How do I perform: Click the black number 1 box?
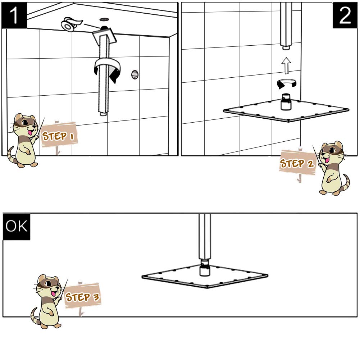(x=14, y=15)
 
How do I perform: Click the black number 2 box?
(x=345, y=15)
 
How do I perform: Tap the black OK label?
(x=16, y=227)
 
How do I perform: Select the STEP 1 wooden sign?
(x=59, y=135)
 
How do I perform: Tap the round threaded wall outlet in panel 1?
(x=135, y=75)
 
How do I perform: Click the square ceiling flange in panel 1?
(x=104, y=36)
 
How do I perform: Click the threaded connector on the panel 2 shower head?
(x=286, y=102)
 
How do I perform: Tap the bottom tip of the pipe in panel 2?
(x=286, y=47)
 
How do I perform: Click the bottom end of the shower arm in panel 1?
(x=103, y=113)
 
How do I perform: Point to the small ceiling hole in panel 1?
(x=105, y=19)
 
